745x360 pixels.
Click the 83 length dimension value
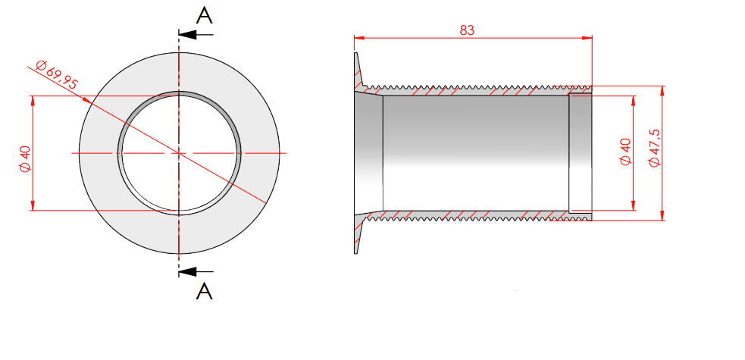467,30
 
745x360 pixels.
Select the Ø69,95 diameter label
57,74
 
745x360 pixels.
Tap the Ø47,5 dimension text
655,148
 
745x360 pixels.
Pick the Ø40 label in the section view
626,152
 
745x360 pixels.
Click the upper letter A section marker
205,16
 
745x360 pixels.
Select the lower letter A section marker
205,291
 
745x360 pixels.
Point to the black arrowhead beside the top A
188,35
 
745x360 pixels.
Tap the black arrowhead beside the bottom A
188,271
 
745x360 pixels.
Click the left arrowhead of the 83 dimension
358,38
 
